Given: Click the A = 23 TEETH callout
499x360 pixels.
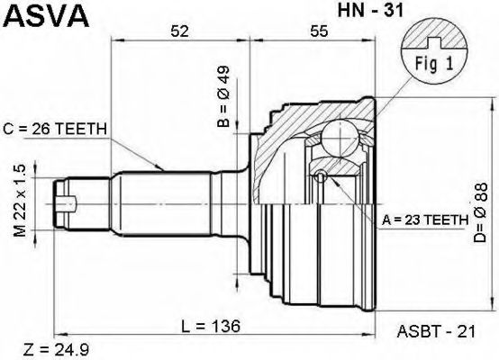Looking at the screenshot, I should tap(425, 220).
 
